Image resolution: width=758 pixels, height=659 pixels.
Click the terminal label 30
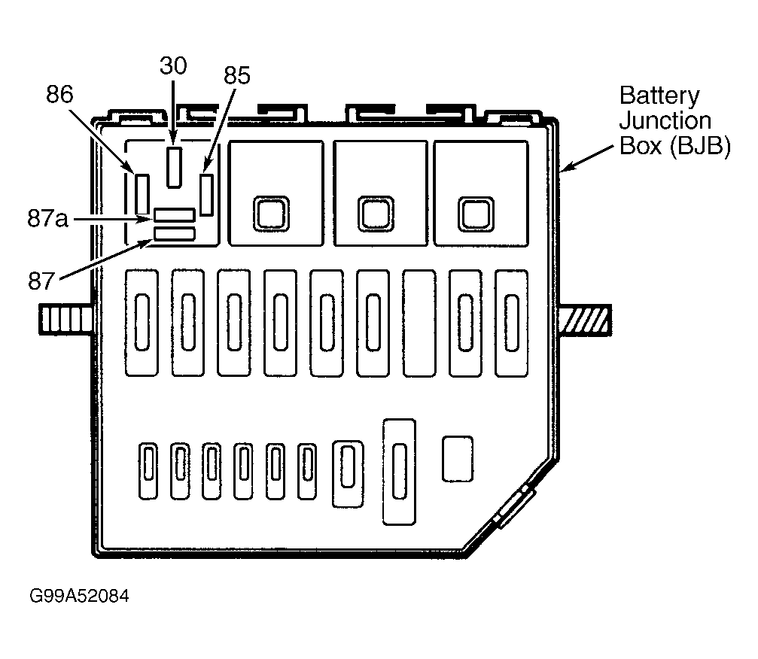coord(173,65)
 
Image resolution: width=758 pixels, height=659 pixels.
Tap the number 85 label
coord(237,75)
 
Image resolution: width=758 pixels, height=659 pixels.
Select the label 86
coord(59,94)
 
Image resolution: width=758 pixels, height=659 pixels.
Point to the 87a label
coord(47,218)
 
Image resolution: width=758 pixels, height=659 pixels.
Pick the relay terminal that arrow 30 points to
coord(174,167)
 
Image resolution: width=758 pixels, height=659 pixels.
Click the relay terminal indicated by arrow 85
coord(206,195)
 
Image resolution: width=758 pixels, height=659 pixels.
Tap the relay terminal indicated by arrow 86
coord(142,194)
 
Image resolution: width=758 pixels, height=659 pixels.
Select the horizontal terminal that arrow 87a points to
coord(175,215)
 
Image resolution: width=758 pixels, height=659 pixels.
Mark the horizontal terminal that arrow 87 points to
coord(175,234)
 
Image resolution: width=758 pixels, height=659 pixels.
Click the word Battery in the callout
coord(659,96)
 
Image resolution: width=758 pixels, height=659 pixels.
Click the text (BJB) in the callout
coord(701,145)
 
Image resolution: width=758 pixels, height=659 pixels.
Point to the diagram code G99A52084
coord(79,596)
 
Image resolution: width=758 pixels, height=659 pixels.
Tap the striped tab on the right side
coord(586,320)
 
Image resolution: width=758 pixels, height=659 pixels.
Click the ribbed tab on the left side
coord(66,320)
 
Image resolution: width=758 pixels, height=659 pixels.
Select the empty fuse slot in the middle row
coord(419,323)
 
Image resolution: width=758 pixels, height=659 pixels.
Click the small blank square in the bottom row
coord(458,459)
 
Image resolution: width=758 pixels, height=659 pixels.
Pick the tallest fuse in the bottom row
coord(399,472)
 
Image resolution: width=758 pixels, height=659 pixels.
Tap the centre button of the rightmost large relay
coord(476,214)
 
